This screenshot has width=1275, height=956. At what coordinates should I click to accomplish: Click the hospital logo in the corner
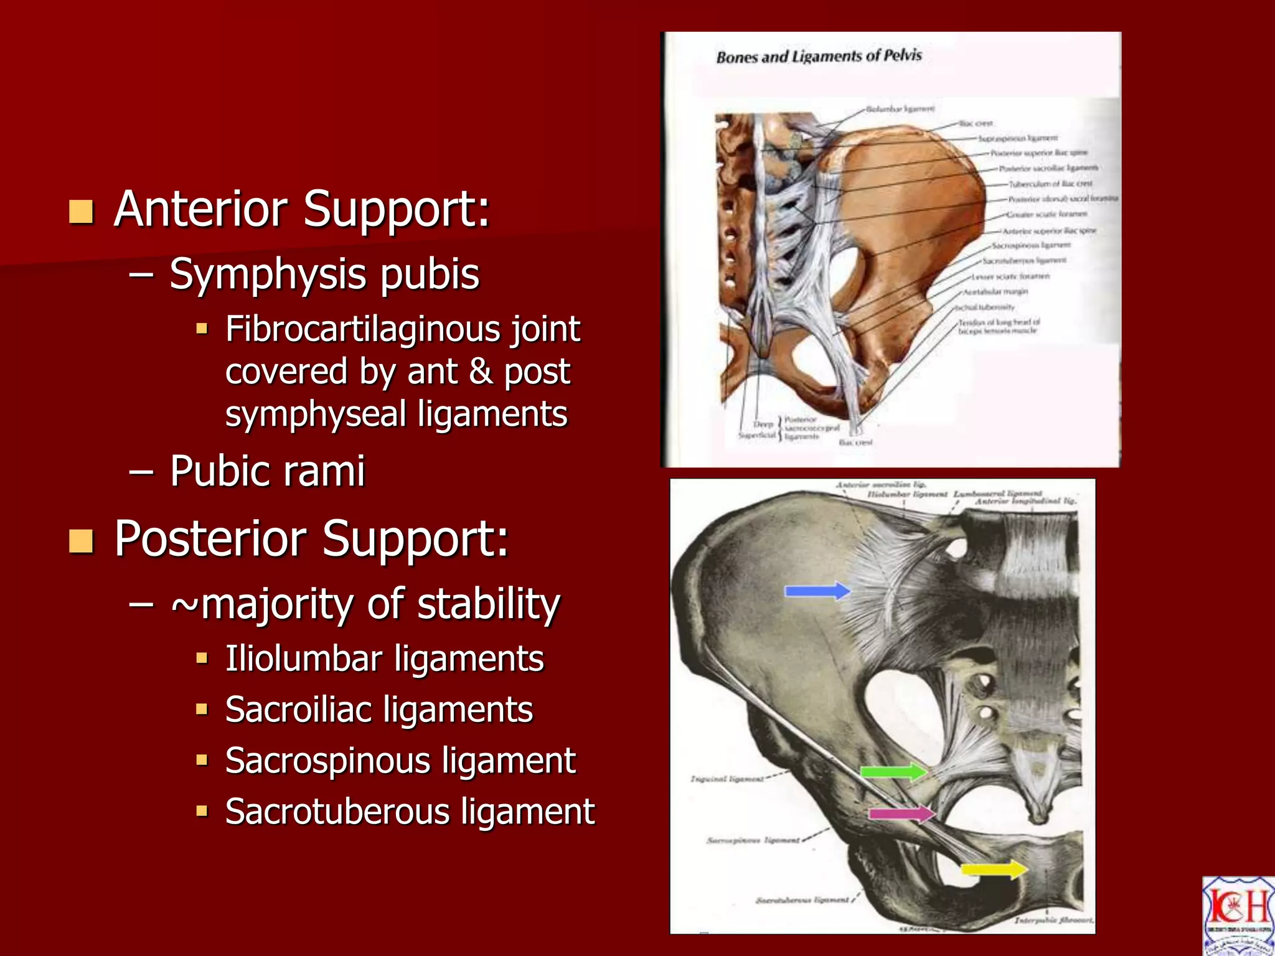pos(1238,915)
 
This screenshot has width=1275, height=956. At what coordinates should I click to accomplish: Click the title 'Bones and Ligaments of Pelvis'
pos(819,57)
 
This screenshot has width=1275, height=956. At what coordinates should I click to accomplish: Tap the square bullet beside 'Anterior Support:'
pos(82,212)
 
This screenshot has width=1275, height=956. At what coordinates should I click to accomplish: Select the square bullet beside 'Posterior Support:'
pos(82,541)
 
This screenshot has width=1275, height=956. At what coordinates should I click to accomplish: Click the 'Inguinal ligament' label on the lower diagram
pos(727,779)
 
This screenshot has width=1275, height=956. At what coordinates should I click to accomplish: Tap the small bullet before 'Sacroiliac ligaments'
pos(201,709)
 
